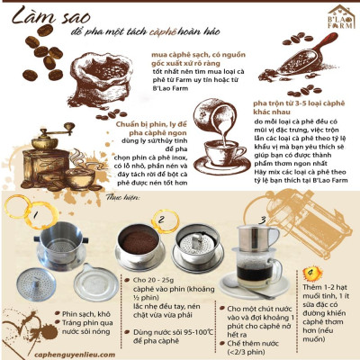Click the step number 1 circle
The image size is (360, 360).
pos(36,214)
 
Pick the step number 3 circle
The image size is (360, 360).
pos(264,218)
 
